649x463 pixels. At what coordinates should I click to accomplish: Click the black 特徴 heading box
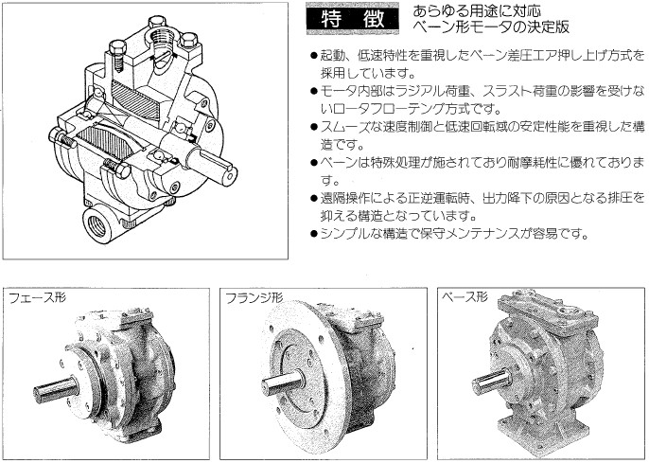(x=352, y=19)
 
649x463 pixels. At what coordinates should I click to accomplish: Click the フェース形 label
(x=37, y=297)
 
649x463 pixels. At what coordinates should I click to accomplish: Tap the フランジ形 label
(x=254, y=297)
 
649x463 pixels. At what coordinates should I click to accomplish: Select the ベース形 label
(x=465, y=296)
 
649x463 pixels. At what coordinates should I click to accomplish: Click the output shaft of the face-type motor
(x=56, y=390)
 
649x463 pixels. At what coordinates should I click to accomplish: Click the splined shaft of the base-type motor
(x=491, y=381)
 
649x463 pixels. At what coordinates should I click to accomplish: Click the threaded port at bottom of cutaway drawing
(x=98, y=225)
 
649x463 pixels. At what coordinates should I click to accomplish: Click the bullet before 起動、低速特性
(x=313, y=55)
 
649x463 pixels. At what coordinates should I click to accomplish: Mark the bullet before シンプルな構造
(x=313, y=235)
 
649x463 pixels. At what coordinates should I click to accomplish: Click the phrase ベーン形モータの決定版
(x=491, y=27)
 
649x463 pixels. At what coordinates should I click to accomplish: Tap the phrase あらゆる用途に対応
(x=477, y=10)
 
